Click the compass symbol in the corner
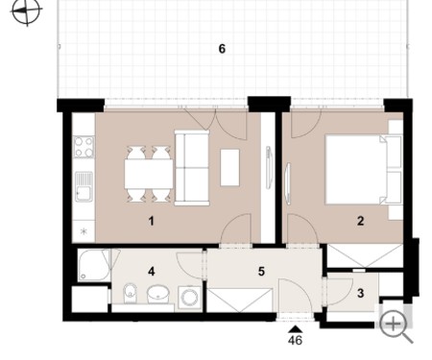[27, 12]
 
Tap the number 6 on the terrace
[222, 49]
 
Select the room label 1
[152, 221]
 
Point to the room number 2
[360, 221]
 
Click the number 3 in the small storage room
[360, 293]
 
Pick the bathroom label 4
[152, 272]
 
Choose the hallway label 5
[261, 272]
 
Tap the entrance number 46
[295, 340]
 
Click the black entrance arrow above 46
[296, 329]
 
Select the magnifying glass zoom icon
[396, 326]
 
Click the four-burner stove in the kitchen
[84, 147]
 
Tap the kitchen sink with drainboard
[84, 187]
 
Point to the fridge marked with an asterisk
[84, 231]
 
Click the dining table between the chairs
[149, 174]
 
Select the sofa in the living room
[192, 168]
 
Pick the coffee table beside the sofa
[229, 167]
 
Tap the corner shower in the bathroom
[94, 266]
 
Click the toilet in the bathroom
[130, 293]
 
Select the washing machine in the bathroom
[189, 298]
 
